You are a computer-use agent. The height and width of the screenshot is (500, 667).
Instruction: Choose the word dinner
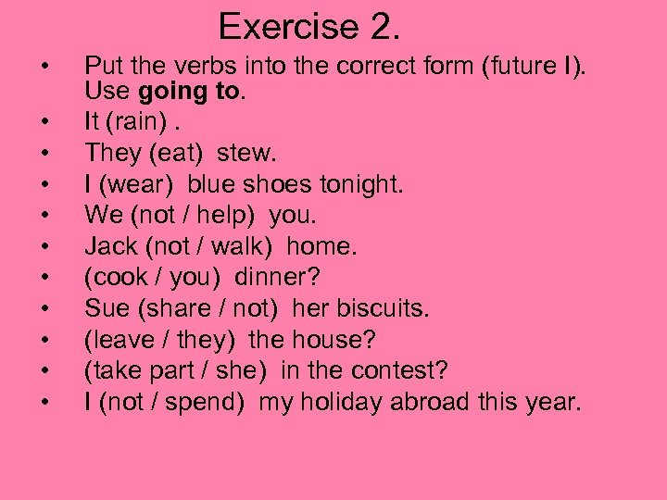click(x=276, y=278)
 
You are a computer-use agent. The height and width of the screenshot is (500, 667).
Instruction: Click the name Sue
click(x=105, y=308)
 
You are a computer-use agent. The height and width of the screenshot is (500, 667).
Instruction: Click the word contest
click(x=403, y=371)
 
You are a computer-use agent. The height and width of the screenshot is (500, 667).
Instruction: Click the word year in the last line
click(x=557, y=403)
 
